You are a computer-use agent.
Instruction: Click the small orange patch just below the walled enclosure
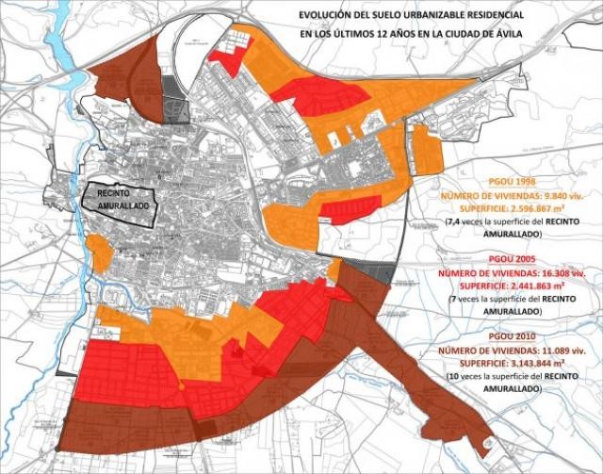click(x=98, y=251)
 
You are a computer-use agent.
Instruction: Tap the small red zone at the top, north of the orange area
click(x=229, y=58)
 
